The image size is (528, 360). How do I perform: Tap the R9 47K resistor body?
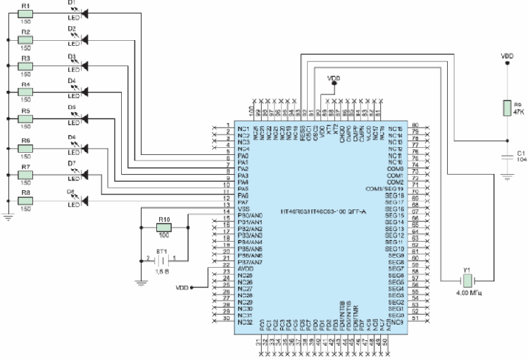(x=505, y=108)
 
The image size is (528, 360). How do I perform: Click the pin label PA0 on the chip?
(x=244, y=156)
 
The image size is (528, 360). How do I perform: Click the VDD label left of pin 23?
(x=182, y=287)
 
